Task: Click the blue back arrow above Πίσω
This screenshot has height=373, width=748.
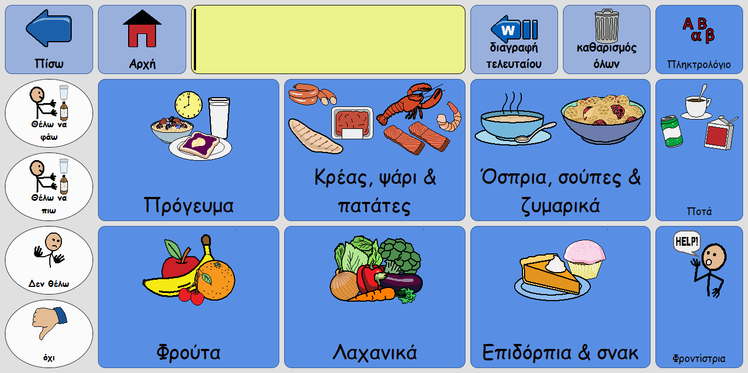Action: [49, 28]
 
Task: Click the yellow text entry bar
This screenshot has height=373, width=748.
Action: [328, 39]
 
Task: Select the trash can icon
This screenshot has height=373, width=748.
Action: [606, 26]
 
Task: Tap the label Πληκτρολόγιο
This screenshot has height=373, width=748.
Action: [699, 64]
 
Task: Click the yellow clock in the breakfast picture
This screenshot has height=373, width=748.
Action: [189, 105]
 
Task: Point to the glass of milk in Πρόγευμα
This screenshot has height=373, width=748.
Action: [219, 117]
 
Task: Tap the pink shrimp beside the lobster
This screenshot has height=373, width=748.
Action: [449, 117]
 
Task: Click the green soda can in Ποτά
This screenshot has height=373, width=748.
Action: [671, 131]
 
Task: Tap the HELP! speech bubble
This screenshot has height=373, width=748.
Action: [687, 242]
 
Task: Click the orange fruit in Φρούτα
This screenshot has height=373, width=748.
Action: [216, 280]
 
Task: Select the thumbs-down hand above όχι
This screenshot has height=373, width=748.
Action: [49, 323]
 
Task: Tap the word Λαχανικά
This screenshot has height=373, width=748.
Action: [375, 353]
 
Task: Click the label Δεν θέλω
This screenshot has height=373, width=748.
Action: [49, 284]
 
